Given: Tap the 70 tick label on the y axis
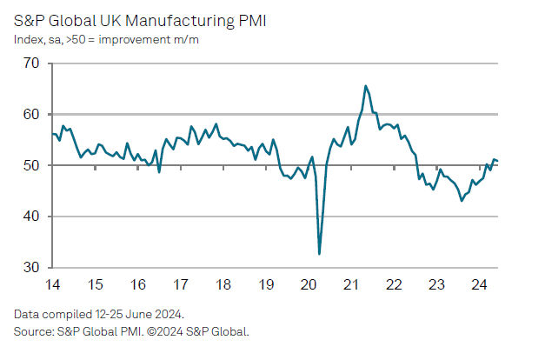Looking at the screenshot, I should [x=31, y=63].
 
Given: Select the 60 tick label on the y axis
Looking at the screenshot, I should [x=31, y=114].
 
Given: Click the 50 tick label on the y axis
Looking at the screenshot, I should [x=31, y=165].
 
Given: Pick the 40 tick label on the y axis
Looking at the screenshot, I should [x=31, y=217].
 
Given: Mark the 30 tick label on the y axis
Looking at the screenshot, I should [x=31, y=267].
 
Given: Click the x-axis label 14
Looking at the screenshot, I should [x=52, y=285].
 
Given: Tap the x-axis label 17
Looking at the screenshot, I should [x=180, y=285].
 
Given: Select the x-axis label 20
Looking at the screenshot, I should [x=309, y=285].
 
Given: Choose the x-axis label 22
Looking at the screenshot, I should [x=393, y=285].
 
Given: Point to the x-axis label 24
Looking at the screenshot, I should [x=478, y=285].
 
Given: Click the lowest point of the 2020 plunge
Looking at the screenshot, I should [x=320, y=254].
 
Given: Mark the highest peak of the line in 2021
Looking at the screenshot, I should [x=366, y=85].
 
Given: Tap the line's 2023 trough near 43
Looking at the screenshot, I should [x=462, y=201].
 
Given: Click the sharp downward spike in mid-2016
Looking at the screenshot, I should [x=159, y=172].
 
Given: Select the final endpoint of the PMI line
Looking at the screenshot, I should [x=497, y=161].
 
